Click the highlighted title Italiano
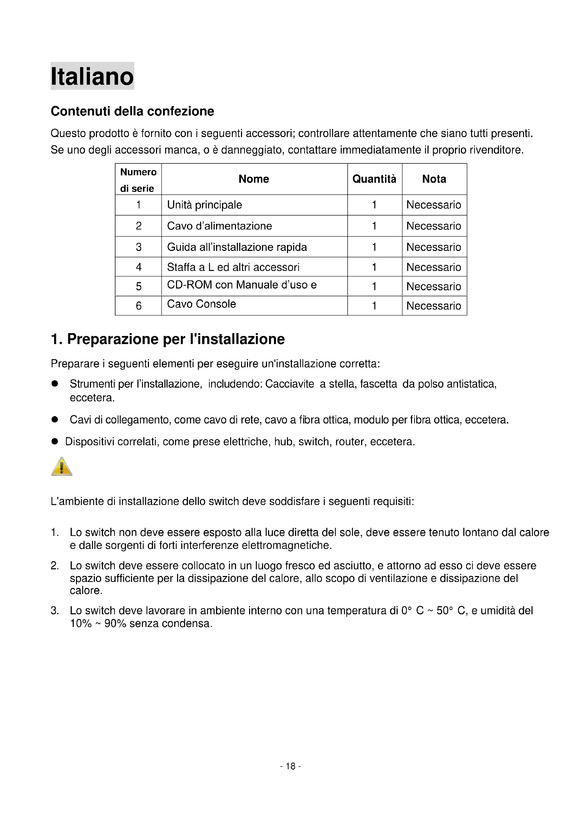(x=92, y=76)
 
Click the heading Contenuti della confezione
(x=132, y=111)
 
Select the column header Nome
(x=254, y=179)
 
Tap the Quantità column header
(x=374, y=179)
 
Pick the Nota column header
(x=434, y=179)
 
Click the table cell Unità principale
(x=204, y=205)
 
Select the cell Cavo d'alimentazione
(x=219, y=226)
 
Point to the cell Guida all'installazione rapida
(x=237, y=247)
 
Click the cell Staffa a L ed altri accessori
(x=233, y=267)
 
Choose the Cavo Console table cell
(x=201, y=304)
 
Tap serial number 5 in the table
(x=138, y=286)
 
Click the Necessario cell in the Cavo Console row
(x=433, y=306)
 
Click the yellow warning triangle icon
(x=62, y=467)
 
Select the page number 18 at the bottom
(x=290, y=766)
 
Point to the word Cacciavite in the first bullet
(x=289, y=384)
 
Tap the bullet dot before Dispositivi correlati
(x=55, y=441)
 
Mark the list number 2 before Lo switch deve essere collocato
(x=54, y=566)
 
